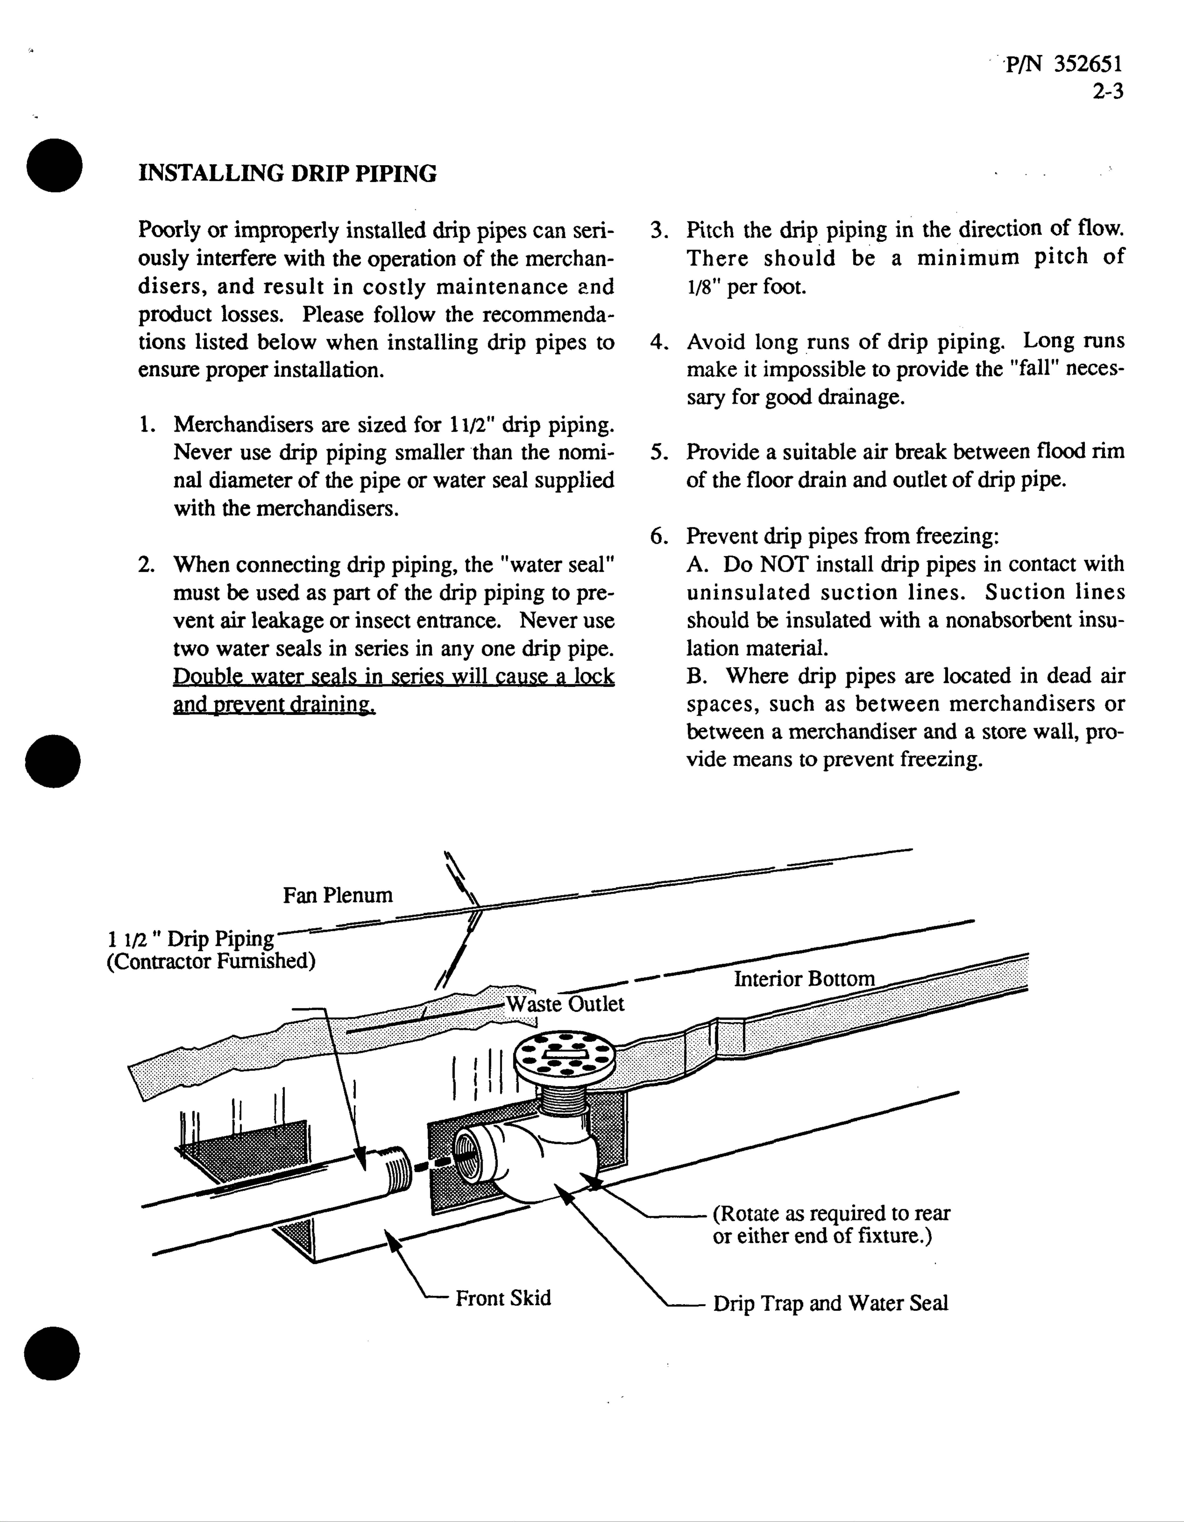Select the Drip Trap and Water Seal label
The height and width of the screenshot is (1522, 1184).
pyautogui.click(x=830, y=1303)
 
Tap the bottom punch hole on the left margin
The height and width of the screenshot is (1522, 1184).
pyautogui.click(x=52, y=1353)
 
